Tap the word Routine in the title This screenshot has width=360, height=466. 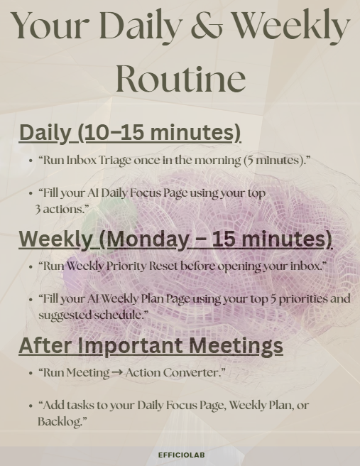point(180,77)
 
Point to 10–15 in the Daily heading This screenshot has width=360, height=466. point(116,132)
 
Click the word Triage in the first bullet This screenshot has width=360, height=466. point(114,161)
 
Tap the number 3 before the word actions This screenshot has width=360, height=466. point(38,210)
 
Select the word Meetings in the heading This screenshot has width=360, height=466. point(236,346)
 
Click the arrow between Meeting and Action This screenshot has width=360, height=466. point(117,373)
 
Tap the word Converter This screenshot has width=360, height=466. point(192,372)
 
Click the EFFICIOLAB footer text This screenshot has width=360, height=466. point(182,455)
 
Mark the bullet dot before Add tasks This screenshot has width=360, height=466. point(31,406)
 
